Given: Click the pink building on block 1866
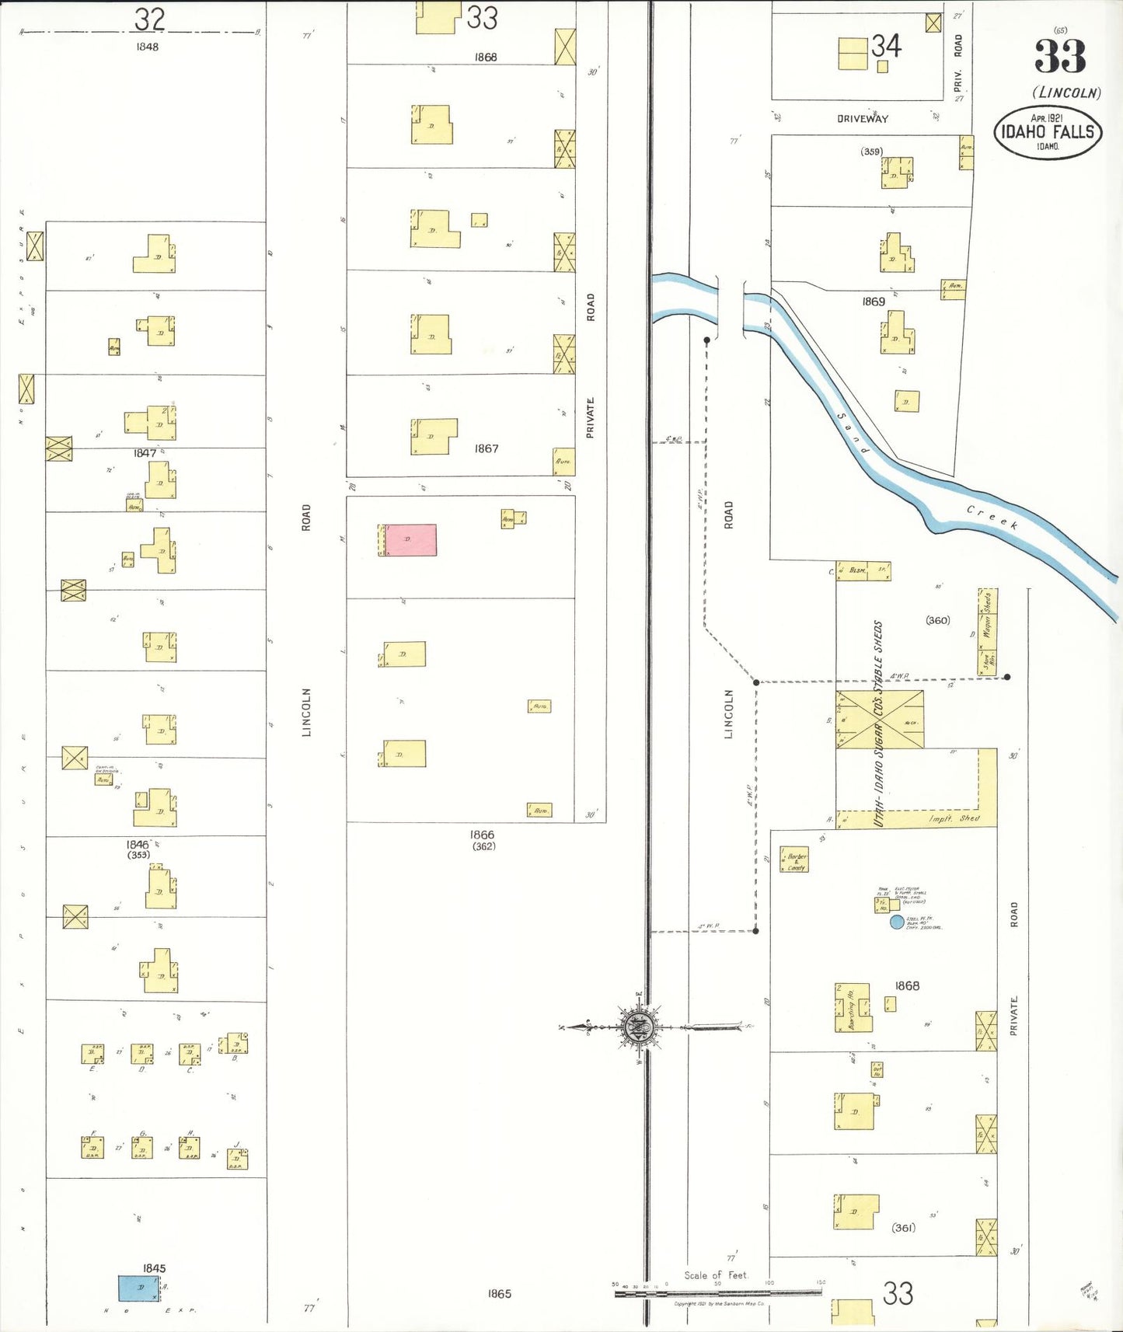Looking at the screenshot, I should coord(410,540).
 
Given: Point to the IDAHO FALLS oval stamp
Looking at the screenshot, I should coord(1048,132).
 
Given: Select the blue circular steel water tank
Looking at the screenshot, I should coord(897,922).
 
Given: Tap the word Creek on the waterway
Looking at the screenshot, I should coord(992,517).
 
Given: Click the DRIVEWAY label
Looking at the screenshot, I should coord(863,119).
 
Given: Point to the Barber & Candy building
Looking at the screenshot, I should coord(794,860).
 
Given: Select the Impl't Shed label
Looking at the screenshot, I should coord(954,819).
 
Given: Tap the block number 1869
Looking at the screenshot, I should coord(873,302).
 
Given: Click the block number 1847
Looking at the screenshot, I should coord(145,453).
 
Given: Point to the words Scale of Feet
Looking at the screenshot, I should coord(715,1275).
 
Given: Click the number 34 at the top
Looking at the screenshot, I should coord(886,47).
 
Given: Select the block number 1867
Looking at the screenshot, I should coord(487,448).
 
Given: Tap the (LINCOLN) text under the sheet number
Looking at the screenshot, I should coord(1066,93).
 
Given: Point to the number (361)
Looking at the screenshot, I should coord(903,1228).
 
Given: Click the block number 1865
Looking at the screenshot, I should coord(500,1294).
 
